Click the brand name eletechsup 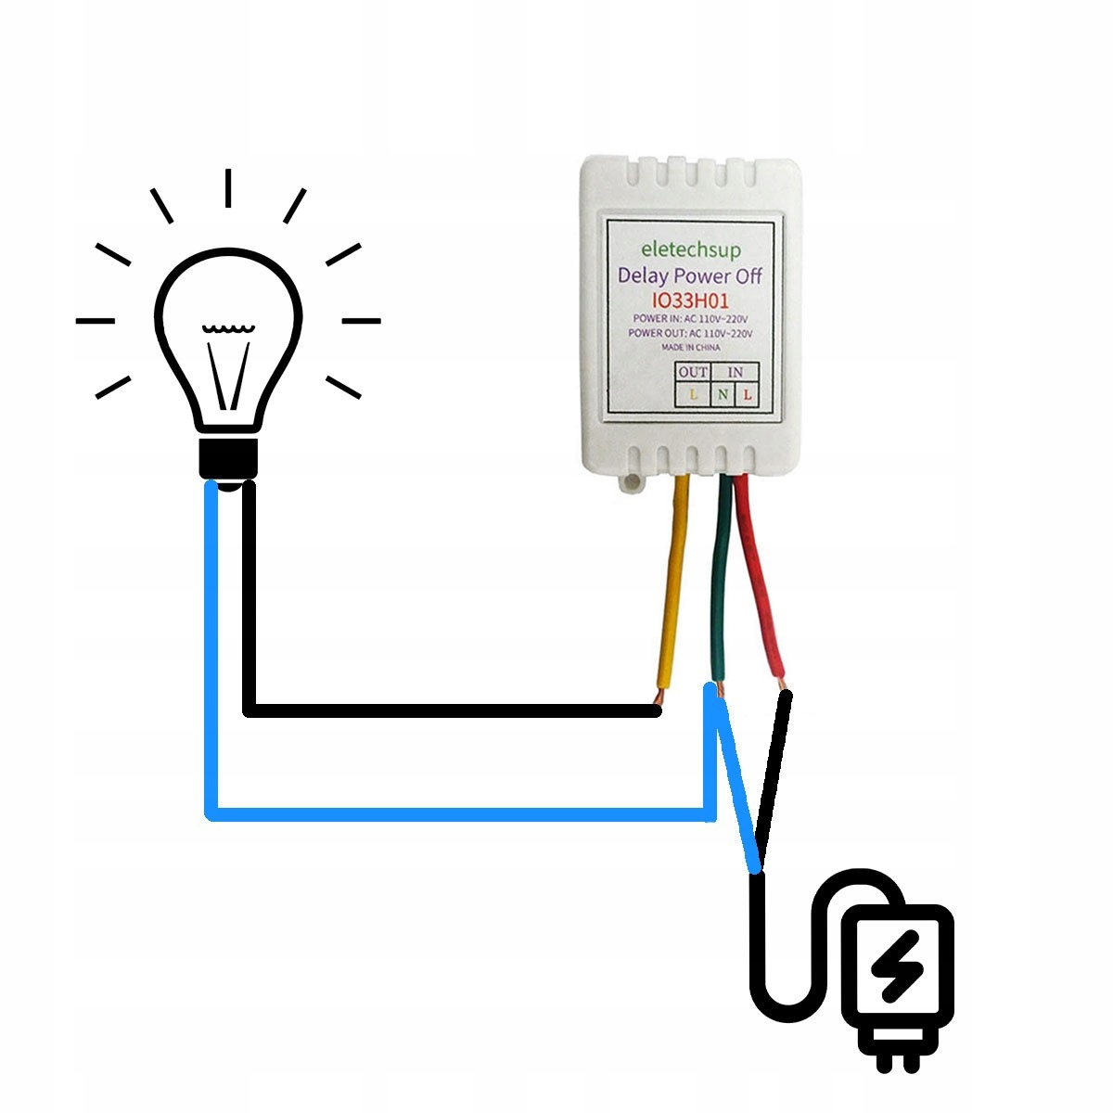692,249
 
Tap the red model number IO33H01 691,301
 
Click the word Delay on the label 643,275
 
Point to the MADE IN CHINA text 690,347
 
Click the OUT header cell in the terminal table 693,372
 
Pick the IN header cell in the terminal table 735,372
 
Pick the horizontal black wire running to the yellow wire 454,710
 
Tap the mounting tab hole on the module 632,482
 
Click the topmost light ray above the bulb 228,187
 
